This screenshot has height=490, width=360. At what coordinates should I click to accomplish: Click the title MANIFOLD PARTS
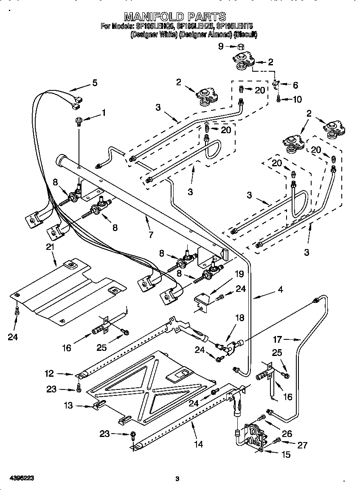[x=174, y=17]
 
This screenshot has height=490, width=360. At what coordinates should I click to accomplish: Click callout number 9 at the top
[x=220, y=47]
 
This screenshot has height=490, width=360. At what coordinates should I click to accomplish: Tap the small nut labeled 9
[x=239, y=47]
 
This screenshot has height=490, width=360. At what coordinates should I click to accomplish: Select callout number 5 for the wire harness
[x=95, y=83]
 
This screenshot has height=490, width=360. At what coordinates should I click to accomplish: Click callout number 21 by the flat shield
[x=50, y=246]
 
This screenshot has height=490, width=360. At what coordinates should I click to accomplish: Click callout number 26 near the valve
[x=287, y=433]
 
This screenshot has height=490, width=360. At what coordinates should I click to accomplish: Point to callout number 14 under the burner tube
[x=198, y=445]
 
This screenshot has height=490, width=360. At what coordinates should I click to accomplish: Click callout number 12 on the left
[x=50, y=374]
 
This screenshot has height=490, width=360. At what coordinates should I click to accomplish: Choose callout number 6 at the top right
[x=295, y=85]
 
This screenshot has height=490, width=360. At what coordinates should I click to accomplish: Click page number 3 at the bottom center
[x=177, y=479]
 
